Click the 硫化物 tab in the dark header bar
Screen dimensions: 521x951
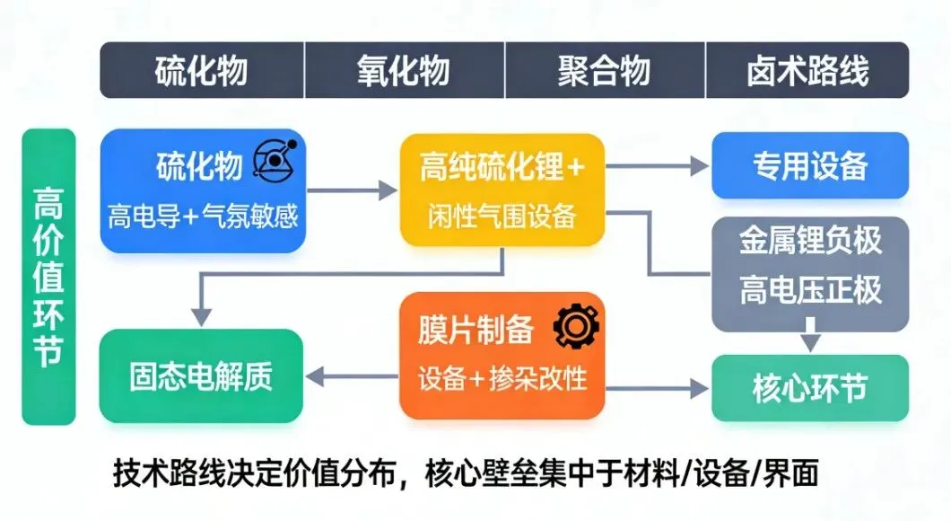point(202,71)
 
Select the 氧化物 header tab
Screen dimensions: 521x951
point(404,71)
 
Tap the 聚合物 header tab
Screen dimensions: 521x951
point(605,71)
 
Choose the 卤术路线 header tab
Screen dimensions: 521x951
point(807,71)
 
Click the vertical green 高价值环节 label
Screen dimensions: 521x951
point(48,277)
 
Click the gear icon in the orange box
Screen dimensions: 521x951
point(570,328)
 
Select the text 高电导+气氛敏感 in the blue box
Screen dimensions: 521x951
point(203,216)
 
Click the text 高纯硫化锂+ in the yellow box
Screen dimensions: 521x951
point(501,167)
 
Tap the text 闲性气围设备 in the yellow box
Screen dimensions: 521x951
point(501,216)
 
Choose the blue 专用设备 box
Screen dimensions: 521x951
point(809,166)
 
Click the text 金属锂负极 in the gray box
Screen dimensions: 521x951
point(810,241)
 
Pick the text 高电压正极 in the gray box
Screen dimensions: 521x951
point(810,289)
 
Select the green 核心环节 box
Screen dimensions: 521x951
point(809,388)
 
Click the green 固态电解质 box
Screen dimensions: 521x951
point(201,376)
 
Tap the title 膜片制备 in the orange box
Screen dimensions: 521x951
point(475,330)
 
